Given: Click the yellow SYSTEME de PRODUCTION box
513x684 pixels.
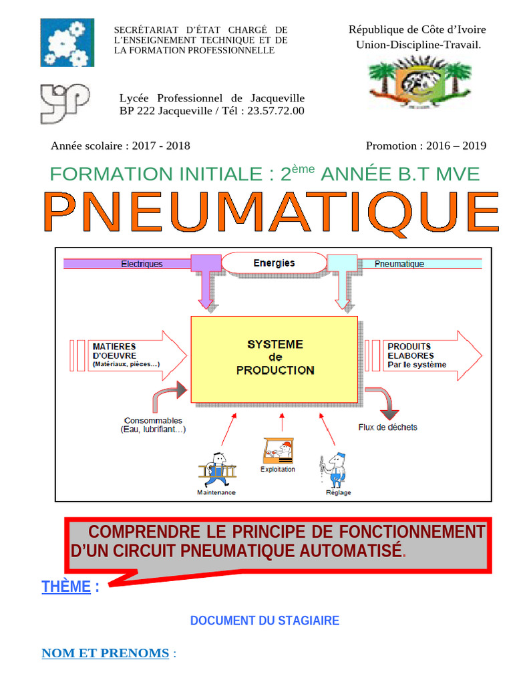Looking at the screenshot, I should (275, 359).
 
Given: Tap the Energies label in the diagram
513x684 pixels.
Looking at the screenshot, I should (274, 263).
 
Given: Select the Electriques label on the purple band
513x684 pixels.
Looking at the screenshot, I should (142, 264).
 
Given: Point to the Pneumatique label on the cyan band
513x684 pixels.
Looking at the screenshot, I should (399, 264).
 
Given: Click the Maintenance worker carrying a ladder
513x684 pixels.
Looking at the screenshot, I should (216, 471).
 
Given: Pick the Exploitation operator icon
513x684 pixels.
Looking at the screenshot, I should (278, 452).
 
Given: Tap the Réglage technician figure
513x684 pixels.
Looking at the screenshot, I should (335, 470).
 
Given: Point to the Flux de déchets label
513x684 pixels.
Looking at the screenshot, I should (387, 427).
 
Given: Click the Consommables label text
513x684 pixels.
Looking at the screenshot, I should (153, 425).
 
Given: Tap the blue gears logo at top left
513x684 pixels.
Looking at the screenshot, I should (67, 43).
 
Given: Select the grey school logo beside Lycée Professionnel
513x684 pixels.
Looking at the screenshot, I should (64, 103).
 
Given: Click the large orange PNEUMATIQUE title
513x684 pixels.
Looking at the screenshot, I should (272, 212).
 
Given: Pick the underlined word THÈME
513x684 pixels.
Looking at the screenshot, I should (65, 587).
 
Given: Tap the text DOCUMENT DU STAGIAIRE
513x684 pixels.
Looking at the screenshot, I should (265, 621).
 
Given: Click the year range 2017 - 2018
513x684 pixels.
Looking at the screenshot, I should (161, 146).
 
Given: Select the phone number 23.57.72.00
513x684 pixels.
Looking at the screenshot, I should (275, 111).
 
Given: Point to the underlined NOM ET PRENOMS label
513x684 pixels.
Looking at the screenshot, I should (105, 653).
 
